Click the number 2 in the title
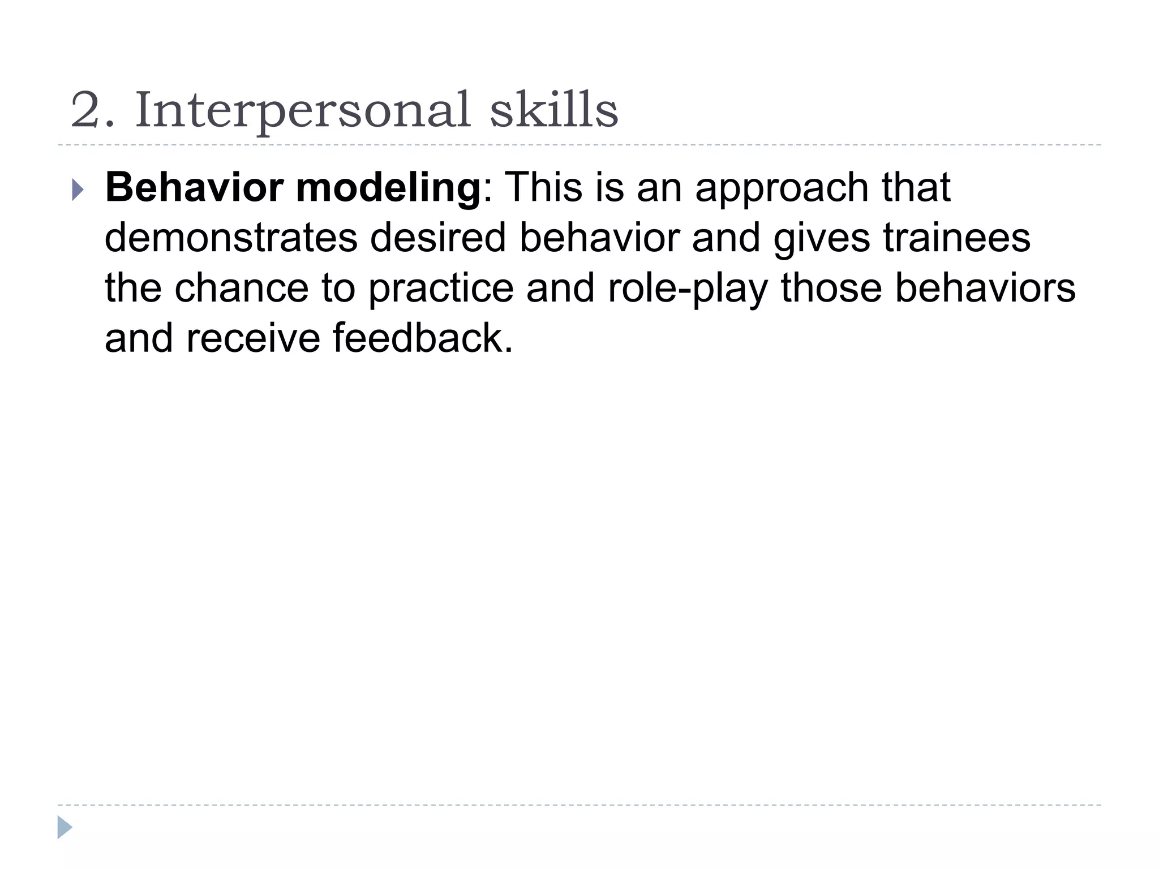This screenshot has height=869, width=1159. click(85, 110)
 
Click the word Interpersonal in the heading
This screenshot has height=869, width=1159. click(303, 111)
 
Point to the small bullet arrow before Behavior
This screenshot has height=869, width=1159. click(78, 190)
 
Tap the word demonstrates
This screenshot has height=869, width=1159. click(231, 238)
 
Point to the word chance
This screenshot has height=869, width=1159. click(242, 288)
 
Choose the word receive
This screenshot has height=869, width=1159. click(253, 338)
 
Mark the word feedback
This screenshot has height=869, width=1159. click(422, 338)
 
